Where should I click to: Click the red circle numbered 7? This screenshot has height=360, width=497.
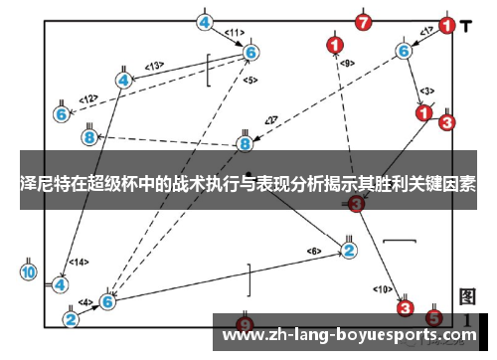(x=364, y=21)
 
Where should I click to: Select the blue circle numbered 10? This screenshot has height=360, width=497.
(x=28, y=270)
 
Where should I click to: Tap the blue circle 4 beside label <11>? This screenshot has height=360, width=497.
(x=205, y=22)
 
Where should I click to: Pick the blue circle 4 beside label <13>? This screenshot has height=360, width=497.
(x=124, y=80)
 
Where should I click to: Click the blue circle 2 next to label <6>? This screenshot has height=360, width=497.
(x=349, y=250)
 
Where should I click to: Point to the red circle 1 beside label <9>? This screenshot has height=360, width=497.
(x=335, y=44)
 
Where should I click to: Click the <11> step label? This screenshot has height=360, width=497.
(x=235, y=32)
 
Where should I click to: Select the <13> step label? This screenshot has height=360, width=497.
(x=154, y=66)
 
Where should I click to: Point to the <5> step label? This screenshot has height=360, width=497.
(x=248, y=80)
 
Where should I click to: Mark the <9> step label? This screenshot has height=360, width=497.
(x=347, y=64)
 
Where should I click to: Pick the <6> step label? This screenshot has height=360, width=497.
(x=315, y=250)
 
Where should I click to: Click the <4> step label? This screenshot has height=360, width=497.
(x=85, y=301)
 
